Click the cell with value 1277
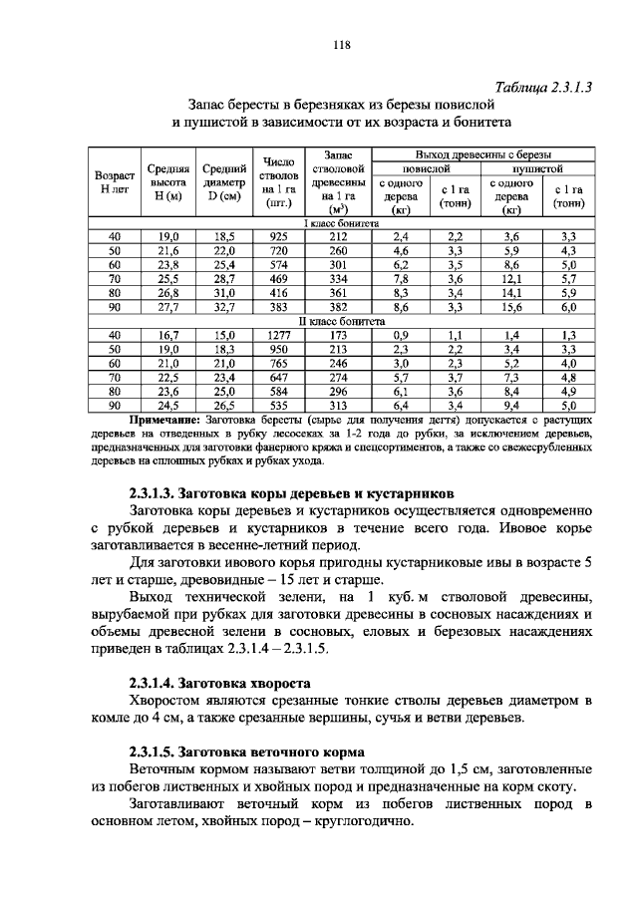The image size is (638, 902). tap(278, 336)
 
